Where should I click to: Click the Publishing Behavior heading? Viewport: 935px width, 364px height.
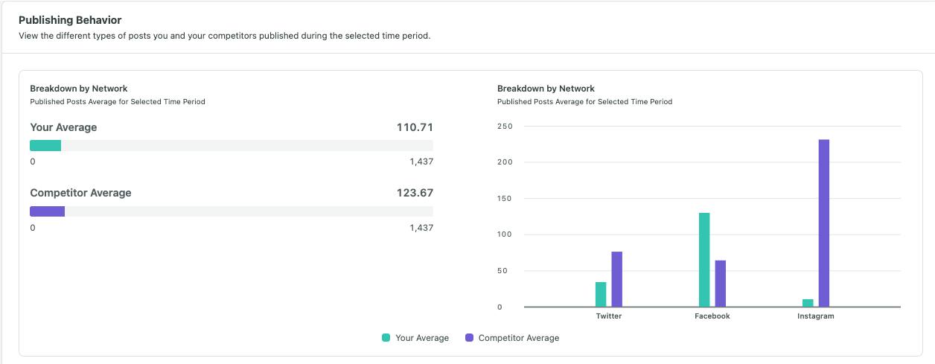[x=70, y=20]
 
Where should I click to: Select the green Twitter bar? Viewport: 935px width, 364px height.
[x=601, y=294]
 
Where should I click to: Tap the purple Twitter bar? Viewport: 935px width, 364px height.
[x=616, y=279]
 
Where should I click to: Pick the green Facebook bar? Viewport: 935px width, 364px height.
[x=704, y=260]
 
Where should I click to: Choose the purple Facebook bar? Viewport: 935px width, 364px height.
[x=720, y=283]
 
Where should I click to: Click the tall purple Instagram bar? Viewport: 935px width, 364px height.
[x=823, y=223]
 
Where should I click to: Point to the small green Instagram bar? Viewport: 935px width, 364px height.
[x=808, y=302]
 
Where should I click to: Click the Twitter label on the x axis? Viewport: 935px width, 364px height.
[x=609, y=316]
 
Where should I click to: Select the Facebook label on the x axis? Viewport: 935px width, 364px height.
[x=712, y=316]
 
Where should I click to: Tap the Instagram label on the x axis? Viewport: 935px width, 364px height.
[x=815, y=316]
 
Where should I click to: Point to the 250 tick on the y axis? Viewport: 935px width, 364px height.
[x=505, y=127]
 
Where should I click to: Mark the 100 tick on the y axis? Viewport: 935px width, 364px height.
[x=505, y=235]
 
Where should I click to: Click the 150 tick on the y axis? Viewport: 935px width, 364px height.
[x=505, y=199]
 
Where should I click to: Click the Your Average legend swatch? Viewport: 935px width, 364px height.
[x=386, y=338]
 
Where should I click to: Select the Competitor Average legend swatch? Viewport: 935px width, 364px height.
[x=469, y=338]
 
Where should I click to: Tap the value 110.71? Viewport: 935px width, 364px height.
[x=415, y=127]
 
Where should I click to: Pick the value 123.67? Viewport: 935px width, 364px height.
[x=415, y=193]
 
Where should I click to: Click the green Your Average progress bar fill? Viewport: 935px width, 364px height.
[x=45, y=146]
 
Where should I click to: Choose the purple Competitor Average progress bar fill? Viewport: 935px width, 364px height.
[x=47, y=211]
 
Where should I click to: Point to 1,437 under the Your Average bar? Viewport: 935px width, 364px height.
[x=421, y=162]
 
